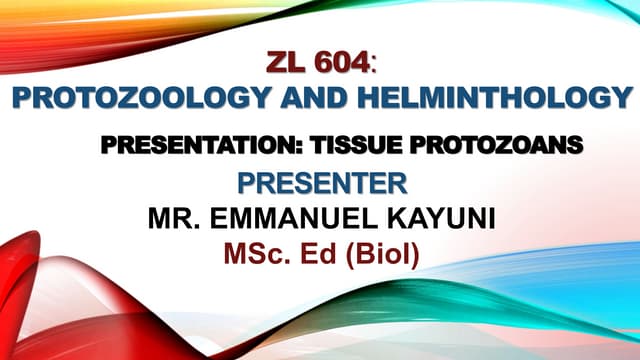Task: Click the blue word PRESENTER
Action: (322, 184)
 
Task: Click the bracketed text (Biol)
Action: (381, 255)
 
